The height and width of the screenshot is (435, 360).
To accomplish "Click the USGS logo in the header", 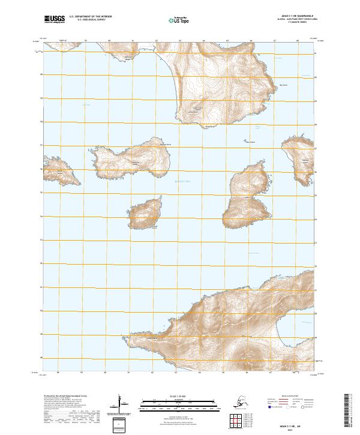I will coord(53,20).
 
